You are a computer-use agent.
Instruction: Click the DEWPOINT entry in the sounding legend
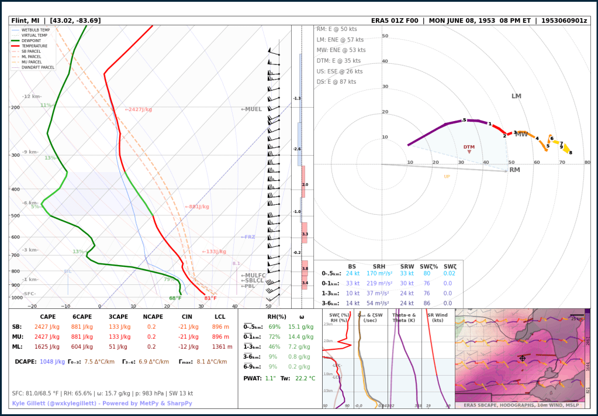(34, 40)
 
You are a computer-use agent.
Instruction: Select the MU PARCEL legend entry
(34, 61)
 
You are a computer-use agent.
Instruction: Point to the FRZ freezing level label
(248, 237)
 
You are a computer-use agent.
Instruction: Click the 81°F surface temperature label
(210, 298)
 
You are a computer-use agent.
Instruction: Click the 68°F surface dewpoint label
(175, 298)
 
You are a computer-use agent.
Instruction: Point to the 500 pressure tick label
(15, 216)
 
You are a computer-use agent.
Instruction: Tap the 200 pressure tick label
(15, 108)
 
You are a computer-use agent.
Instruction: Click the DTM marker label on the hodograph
(469, 147)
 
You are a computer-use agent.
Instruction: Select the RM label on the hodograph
(514, 170)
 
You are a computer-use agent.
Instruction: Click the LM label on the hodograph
(516, 97)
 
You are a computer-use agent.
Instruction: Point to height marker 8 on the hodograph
(571, 153)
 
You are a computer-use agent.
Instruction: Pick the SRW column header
(407, 266)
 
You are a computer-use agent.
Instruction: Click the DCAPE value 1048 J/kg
(51, 362)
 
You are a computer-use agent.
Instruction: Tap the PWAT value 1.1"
(271, 378)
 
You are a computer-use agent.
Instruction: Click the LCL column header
(220, 317)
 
